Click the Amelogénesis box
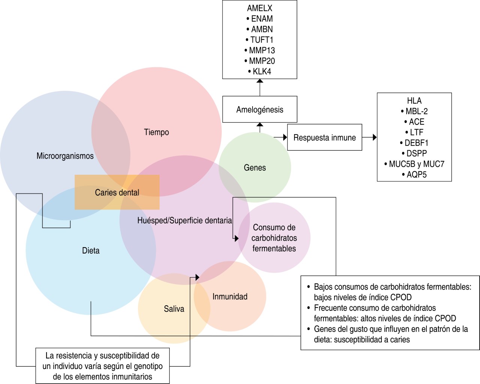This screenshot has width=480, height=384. tap(260, 109)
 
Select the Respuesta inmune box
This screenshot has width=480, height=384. tap(324, 138)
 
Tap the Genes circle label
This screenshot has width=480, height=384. tap(255, 168)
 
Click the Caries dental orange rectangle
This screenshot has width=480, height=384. tap(117, 192)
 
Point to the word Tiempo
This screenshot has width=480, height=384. tap(156, 132)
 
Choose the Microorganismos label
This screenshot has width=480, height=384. tap(65, 156)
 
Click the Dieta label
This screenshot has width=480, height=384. tap(91, 250)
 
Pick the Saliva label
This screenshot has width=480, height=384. tap(174, 309)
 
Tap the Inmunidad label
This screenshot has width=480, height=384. tap(230, 297)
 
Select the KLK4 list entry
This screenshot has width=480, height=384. tap(262, 71)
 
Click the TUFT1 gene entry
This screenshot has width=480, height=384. tap(262, 40)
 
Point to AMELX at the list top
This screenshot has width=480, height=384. tap(260, 8)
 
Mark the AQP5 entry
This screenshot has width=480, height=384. tap(416, 174)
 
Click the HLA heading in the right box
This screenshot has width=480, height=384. tap(414, 100)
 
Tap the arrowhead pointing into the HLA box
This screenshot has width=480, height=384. tap(375, 137)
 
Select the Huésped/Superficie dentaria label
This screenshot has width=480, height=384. tap(184, 220)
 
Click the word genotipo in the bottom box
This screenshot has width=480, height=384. tap(147, 366)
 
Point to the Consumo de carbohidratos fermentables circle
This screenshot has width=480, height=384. tap(274, 238)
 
